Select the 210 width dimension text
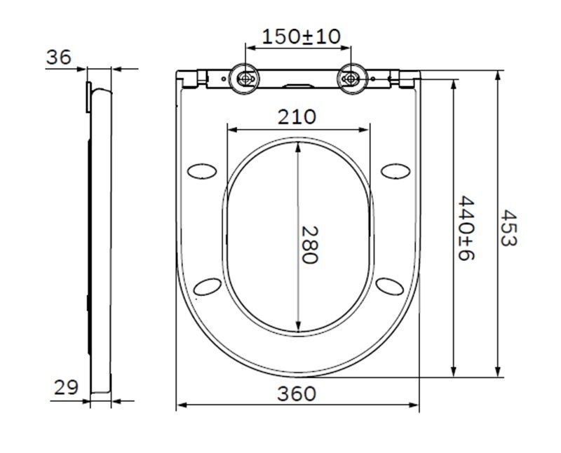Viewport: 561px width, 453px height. click(297, 116)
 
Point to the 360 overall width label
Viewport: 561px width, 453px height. click(297, 393)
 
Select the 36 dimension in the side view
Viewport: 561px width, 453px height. click(59, 58)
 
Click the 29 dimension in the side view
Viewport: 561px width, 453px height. click(66, 388)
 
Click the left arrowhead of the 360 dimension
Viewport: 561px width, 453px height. click(180, 405)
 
